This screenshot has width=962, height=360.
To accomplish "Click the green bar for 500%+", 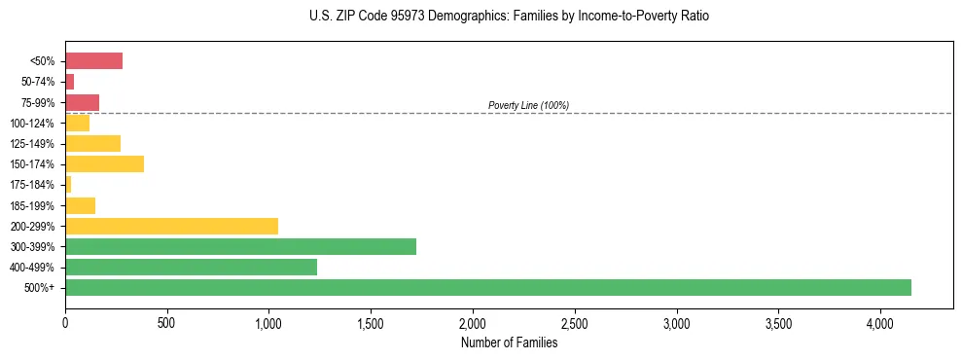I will click(x=487, y=287).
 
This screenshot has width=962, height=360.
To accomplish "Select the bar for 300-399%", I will click(x=240, y=246).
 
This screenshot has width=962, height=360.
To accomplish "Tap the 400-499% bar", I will click(x=191, y=267).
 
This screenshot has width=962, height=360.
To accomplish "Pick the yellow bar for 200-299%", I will click(x=171, y=226).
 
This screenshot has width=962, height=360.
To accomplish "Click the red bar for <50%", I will click(x=93, y=61).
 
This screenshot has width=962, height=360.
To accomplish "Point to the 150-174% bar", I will click(x=104, y=164).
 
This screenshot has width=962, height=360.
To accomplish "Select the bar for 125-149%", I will click(x=92, y=144).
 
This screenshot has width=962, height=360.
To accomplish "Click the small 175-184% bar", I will click(x=68, y=185).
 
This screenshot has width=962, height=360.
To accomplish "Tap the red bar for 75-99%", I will click(x=82, y=102).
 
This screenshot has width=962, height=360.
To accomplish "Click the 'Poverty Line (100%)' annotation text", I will click(x=528, y=105).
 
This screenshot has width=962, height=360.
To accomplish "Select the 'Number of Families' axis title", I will click(x=509, y=342).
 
